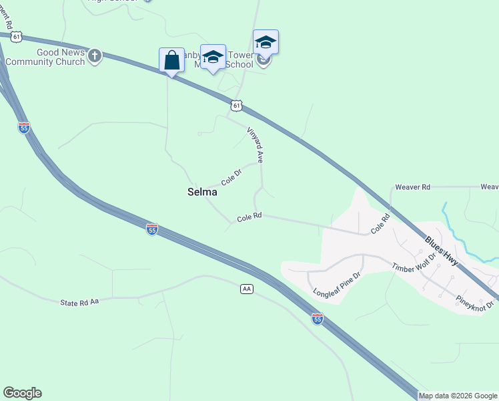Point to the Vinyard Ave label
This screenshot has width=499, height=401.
[x=256, y=145]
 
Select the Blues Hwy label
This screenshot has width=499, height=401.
[x=442, y=251]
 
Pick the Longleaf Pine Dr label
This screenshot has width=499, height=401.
[x=337, y=284]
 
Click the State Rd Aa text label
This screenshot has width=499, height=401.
[x=79, y=302]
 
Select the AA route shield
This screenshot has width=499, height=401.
[x=247, y=289]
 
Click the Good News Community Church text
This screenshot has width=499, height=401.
[x=45, y=57]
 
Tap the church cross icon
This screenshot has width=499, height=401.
[x=95, y=56]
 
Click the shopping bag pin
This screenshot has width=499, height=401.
[x=171, y=60]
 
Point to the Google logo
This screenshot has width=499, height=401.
[x=22, y=393]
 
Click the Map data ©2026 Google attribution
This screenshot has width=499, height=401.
[x=458, y=396]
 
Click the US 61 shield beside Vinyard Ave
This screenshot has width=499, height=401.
[x=236, y=106]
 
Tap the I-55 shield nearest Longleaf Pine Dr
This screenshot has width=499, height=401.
[x=318, y=319]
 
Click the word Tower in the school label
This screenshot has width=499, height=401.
[x=241, y=54]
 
